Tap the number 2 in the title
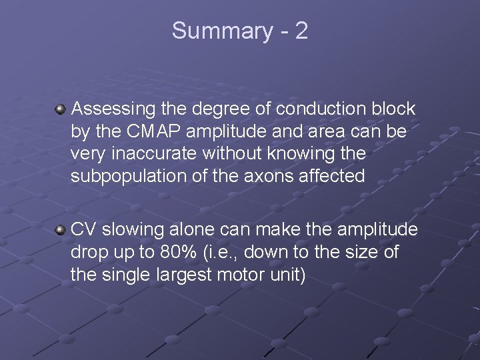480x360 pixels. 301,31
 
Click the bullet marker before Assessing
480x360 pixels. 61,108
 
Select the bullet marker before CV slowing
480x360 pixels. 61,230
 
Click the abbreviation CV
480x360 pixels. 84,230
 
